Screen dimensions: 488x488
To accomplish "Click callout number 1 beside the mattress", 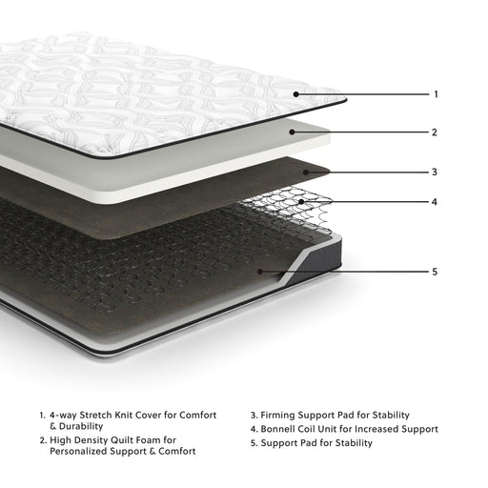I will (x=436, y=94).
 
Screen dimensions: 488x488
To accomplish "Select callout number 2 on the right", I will (x=436, y=132).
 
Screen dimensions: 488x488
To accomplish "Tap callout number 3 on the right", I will (x=436, y=173).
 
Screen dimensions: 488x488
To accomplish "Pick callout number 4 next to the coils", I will (x=436, y=202).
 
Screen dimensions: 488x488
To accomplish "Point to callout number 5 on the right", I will (x=436, y=272).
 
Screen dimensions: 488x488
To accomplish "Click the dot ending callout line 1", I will (x=297, y=94).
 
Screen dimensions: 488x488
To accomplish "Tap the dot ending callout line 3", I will (x=306, y=173).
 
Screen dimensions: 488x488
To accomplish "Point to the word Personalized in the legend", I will (x=80, y=452).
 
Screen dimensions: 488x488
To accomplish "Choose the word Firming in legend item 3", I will (x=279, y=415).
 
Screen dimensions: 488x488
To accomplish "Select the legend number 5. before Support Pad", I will (x=254, y=442).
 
